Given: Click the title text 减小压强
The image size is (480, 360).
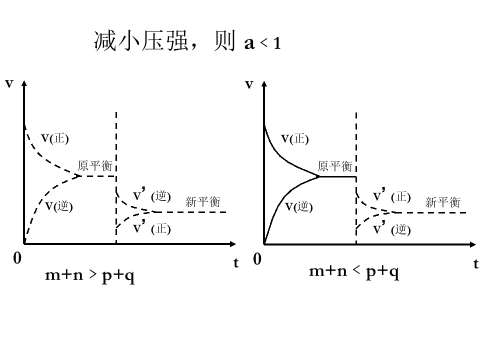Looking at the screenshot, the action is point(140,40).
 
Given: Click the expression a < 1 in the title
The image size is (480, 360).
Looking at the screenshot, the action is point(262,43).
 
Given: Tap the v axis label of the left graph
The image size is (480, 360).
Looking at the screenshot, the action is point(9,83).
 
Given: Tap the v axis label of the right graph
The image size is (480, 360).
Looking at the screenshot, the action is point(249,84).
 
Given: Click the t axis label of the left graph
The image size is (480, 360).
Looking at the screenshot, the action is point(235,262).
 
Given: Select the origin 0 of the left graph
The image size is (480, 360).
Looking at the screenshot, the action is point(17,258).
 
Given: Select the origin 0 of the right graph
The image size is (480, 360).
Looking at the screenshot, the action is point(257,259).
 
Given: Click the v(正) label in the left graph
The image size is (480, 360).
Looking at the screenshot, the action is point(55,138).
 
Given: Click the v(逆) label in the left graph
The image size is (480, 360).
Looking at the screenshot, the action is point(59,206).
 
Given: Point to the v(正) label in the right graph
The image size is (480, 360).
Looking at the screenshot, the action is point(295,139).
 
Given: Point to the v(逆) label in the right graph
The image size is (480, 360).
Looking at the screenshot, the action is point(299,206).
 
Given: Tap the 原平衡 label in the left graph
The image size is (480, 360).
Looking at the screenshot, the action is point(95,165).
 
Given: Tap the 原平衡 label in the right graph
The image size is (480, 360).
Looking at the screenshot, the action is point(335,166).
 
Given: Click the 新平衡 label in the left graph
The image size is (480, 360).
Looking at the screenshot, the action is point(203,201).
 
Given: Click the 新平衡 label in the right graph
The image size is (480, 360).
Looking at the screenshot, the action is point(443,202).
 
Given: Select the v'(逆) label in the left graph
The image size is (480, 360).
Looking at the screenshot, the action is point(152,195).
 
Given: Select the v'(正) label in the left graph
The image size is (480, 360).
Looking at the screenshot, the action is point(152,228).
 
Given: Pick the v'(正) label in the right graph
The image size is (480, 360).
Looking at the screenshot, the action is point(392,195).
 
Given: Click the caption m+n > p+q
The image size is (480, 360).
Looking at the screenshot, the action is point(90,275).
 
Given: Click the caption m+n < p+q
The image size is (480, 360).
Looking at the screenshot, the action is point(354,271).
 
